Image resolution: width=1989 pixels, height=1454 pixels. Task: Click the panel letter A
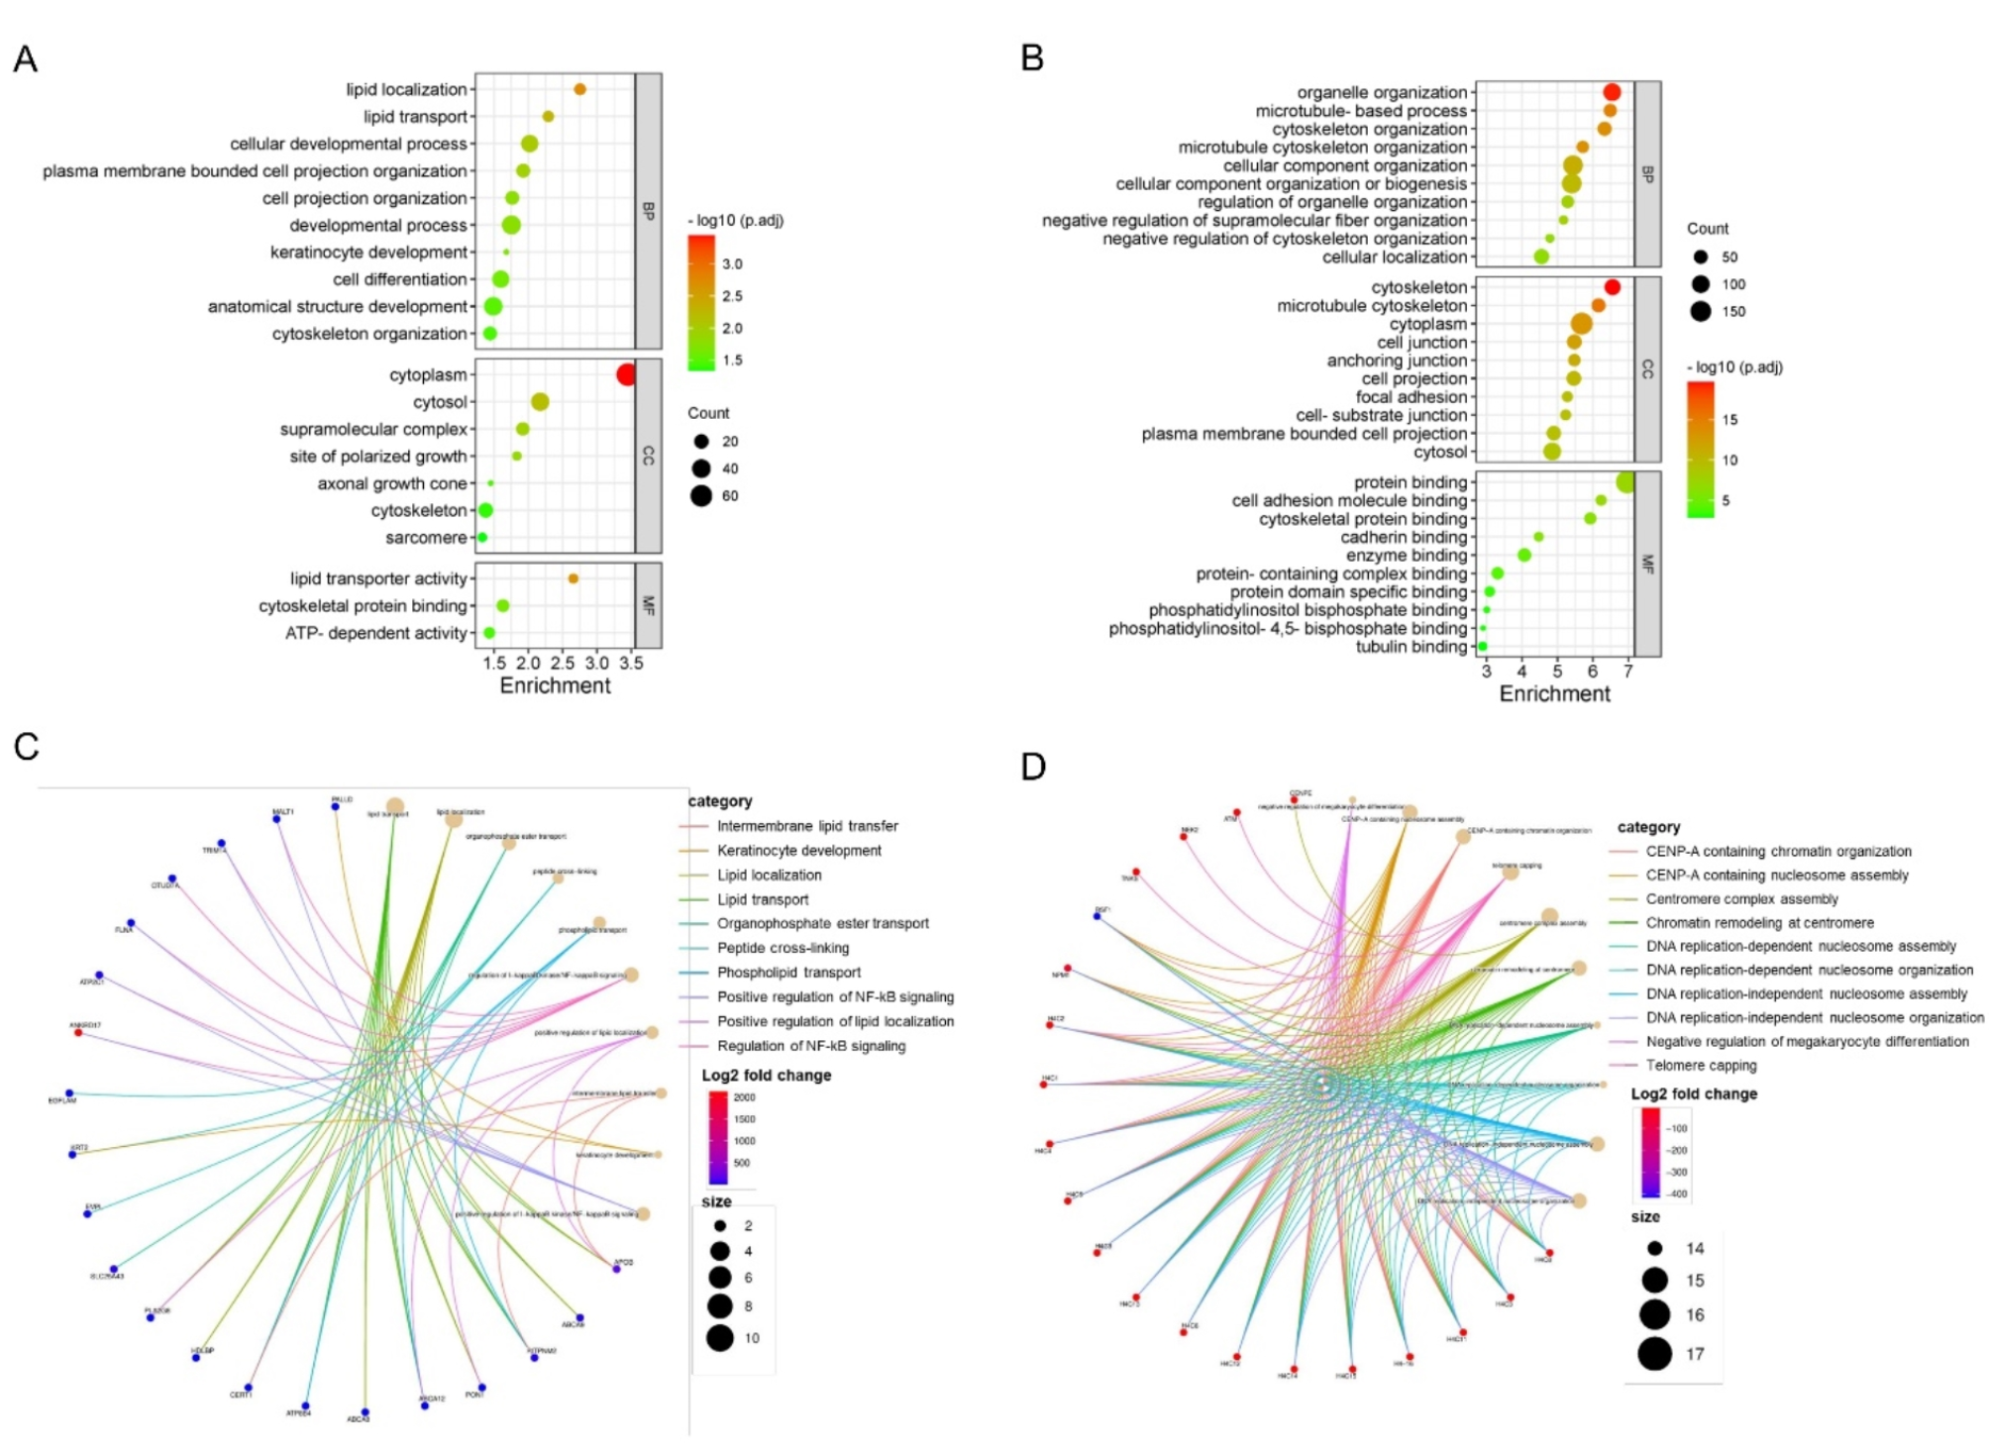coord(25,59)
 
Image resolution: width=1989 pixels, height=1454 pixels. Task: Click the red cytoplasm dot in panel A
coord(626,374)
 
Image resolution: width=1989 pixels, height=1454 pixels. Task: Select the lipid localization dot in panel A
coord(580,89)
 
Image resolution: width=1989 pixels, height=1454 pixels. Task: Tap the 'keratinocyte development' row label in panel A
coord(368,253)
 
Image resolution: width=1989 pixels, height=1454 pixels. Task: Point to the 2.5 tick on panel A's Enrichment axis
coord(563,664)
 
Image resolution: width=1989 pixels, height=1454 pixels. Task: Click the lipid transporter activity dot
coord(573,578)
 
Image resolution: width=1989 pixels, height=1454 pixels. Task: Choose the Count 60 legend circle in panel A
coord(701,496)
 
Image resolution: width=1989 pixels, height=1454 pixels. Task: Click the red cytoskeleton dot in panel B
coord(1612,287)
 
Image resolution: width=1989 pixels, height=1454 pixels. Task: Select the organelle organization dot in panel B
coord(1612,92)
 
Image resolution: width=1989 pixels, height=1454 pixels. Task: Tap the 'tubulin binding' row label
coord(1411,647)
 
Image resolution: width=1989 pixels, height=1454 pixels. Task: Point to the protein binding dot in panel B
coord(1625,482)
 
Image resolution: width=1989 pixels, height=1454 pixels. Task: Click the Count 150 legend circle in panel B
coord(1701,311)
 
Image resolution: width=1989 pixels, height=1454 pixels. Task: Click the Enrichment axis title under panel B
coord(1554,693)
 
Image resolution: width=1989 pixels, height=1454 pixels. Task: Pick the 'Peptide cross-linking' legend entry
coord(783,948)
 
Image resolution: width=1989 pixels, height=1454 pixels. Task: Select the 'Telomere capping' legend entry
coord(1701,1066)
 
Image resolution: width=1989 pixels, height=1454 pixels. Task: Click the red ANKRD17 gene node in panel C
coord(78,1033)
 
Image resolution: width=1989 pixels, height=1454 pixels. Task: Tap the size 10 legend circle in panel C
coord(720,1338)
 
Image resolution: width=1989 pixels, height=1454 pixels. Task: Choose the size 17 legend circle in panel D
coord(1654,1353)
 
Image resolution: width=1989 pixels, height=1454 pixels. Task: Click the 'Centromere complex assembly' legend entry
coord(1741,899)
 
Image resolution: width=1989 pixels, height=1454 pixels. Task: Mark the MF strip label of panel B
coord(1647,564)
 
